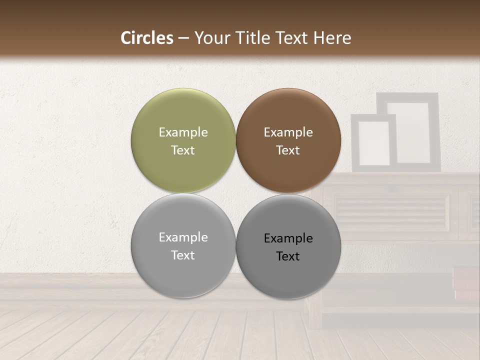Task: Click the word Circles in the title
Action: pyautogui.click(x=147, y=38)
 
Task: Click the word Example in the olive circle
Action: pyautogui.click(x=183, y=132)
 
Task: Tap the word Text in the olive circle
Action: pyautogui.click(x=183, y=150)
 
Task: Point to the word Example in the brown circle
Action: pyautogui.click(x=288, y=132)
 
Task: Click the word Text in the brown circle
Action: pyautogui.click(x=288, y=150)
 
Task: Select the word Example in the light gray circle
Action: pyautogui.click(x=183, y=237)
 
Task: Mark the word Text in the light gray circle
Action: pyautogui.click(x=183, y=255)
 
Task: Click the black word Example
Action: pyautogui.click(x=288, y=238)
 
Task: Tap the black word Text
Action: pyautogui.click(x=288, y=256)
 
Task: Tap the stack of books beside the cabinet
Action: pyautogui.click(x=465, y=283)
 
